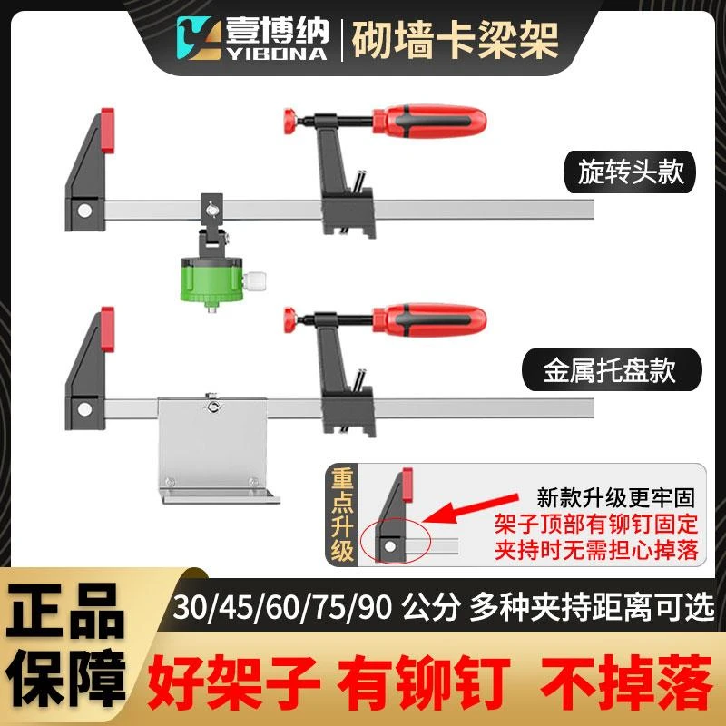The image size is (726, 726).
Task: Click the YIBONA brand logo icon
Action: tap(199, 38)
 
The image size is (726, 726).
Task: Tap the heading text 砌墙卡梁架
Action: tap(456, 40)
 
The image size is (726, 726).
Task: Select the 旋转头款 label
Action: tap(630, 172)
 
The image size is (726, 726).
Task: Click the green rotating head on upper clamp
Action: tap(212, 279)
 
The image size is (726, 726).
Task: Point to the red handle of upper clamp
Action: tap(429, 122)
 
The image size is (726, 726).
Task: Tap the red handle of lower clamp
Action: tap(429, 320)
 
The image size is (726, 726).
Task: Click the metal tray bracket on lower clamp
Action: tap(216, 449)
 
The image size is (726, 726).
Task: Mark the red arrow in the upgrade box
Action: tap(469, 508)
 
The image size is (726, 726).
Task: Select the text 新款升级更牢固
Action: tap(616, 497)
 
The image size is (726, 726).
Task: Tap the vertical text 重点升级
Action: tap(342, 515)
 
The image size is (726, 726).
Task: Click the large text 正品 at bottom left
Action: tap(64, 611)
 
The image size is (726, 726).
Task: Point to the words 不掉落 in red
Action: tap(627, 682)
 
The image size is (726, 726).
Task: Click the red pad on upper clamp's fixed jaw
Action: tap(107, 131)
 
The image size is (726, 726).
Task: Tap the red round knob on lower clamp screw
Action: tap(289, 320)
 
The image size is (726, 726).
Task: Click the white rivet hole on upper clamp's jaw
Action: tap(84, 211)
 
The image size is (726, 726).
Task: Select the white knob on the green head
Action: tap(255, 282)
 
